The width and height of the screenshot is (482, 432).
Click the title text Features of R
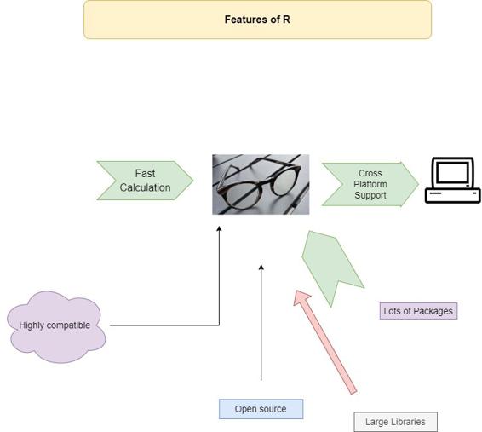(x=257, y=19)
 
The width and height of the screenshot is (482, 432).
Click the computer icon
(x=452, y=180)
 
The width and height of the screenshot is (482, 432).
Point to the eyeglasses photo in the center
(x=261, y=184)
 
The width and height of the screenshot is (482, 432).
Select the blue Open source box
(x=261, y=409)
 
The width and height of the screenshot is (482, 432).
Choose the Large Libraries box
(x=395, y=422)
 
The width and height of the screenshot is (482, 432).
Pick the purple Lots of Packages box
(x=418, y=311)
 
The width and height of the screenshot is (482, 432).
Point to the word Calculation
(x=145, y=187)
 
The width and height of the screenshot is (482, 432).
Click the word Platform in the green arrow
(x=370, y=184)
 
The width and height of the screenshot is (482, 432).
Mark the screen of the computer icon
(x=452, y=174)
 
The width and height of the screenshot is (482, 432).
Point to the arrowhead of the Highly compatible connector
(x=220, y=229)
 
